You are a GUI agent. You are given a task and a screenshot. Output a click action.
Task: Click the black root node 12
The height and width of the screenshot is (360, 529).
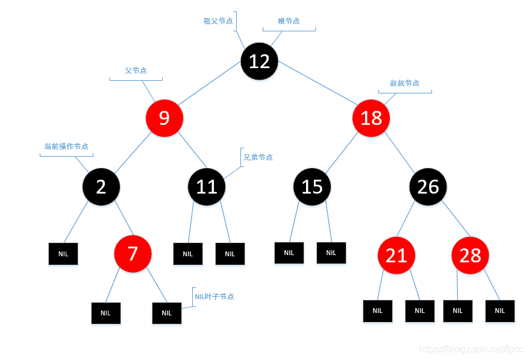tap(259, 61)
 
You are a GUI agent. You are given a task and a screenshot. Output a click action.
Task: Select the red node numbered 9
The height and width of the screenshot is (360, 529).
tap(164, 118)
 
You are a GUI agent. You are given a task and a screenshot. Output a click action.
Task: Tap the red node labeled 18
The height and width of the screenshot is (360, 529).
tap(371, 118)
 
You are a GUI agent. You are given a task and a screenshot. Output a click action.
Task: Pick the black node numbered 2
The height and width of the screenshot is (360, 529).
tap(101, 186)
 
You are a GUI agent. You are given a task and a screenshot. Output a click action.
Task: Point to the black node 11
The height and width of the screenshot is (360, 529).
tap(207, 186)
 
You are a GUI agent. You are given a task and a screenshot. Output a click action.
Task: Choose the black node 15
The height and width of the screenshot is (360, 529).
tap(312, 186)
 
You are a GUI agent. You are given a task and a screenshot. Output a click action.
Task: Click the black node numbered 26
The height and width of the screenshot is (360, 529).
tap(428, 186)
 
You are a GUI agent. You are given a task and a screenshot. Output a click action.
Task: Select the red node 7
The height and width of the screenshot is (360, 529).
tap(133, 254)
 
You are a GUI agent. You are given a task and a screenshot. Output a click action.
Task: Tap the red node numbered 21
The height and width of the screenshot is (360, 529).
tap(396, 256)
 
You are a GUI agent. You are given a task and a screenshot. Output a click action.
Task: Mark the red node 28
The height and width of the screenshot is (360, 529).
tap(470, 256)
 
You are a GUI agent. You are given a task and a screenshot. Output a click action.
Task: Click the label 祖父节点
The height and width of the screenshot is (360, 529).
tap(218, 21)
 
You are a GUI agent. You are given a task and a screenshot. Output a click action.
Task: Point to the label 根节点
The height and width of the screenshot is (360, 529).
tap(289, 21)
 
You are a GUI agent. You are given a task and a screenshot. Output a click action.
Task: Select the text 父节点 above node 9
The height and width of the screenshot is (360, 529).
tap(136, 71)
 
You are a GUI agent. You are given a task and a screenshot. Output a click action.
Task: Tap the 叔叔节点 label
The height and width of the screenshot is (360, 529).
tap(404, 83)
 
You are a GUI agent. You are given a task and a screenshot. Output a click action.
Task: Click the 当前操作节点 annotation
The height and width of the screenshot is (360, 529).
tap(66, 147)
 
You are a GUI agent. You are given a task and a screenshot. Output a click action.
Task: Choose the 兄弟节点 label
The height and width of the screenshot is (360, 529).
tap(258, 157)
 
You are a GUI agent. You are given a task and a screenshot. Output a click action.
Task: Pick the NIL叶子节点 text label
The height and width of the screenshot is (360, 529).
tap(214, 297)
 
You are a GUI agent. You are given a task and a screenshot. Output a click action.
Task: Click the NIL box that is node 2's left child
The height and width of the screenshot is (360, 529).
tap(63, 254)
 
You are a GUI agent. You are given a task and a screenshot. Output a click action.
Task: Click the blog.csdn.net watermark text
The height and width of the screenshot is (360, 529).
tap(471, 349)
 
